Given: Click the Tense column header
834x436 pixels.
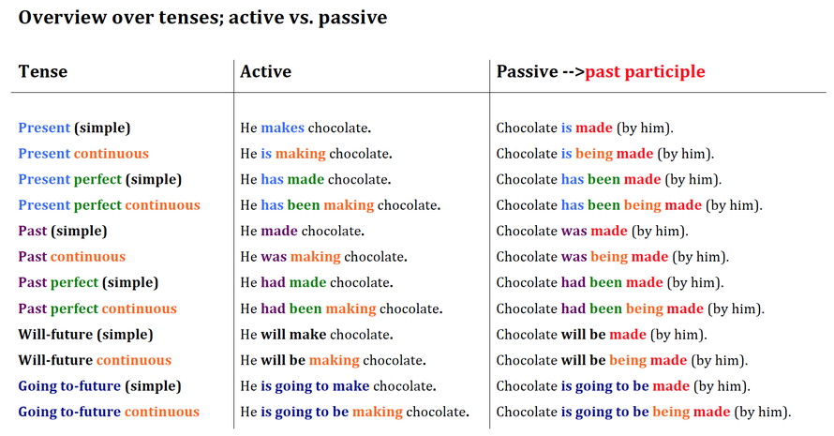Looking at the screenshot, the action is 43,71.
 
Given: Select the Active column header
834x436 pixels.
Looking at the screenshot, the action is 265,71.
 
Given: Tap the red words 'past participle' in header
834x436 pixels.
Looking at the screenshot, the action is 646,72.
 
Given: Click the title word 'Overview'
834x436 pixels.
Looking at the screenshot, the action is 62,18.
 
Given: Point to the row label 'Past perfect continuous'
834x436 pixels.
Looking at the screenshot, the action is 97,308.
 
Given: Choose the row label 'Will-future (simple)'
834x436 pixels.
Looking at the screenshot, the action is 85,335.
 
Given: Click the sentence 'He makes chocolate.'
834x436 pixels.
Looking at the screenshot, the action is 305,128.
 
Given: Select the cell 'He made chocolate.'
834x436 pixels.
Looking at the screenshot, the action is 302,231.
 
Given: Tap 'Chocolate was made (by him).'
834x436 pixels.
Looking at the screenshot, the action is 592,232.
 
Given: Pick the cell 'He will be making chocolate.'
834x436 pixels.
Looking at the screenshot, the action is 333,360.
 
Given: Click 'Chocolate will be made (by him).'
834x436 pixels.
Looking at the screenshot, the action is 602,335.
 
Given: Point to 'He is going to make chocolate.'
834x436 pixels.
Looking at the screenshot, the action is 338,386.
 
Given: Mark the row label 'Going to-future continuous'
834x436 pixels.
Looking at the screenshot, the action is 109,412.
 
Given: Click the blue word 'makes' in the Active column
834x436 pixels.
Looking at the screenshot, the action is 282,128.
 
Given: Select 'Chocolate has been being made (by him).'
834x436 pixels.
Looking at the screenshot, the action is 629,205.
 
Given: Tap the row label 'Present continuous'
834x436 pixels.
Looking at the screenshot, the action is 83,154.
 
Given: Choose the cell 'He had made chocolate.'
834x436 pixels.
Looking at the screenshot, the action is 317,282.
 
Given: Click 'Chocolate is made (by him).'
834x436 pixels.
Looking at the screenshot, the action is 585,128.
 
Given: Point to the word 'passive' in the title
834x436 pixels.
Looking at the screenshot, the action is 352,18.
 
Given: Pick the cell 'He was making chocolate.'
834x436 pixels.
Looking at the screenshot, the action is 323,257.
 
